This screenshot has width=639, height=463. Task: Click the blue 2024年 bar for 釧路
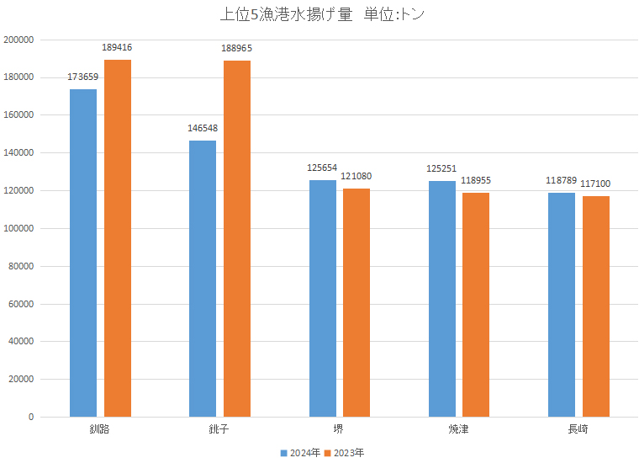tap(83, 253)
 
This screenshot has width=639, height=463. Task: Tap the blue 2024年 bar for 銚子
tap(203, 279)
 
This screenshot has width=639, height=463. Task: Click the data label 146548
tap(203, 129)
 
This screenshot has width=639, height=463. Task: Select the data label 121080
tap(356, 176)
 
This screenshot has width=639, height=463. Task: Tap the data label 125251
tap(441, 168)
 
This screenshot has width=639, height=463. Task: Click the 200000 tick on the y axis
tap(18, 40)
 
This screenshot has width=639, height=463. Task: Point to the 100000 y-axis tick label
tap(18, 228)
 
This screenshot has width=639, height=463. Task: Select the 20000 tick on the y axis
tap(21, 380)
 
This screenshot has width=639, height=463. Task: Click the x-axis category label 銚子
tap(219, 429)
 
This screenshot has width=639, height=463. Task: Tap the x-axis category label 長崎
tap(578, 429)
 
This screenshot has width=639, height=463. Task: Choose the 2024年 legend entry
tap(300, 453)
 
